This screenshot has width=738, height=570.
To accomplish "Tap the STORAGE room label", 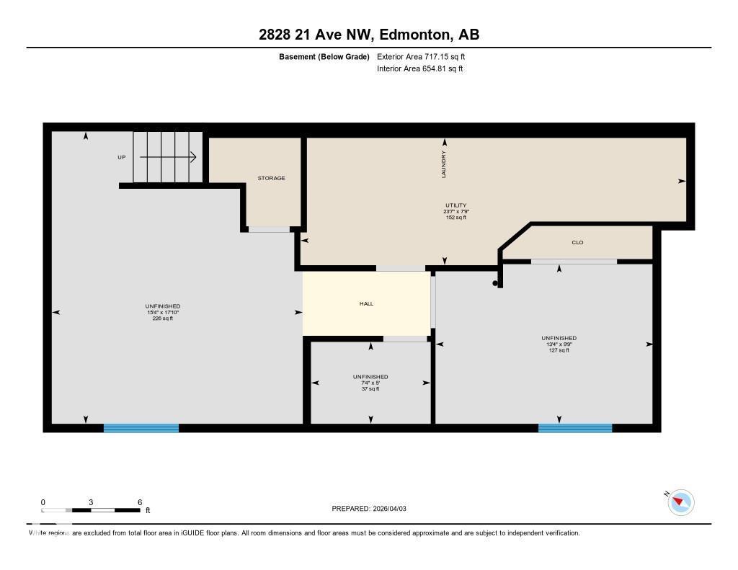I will pos(272,178).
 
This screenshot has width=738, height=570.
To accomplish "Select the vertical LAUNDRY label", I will pos(444,164).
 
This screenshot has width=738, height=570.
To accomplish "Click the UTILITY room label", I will pos(455,205).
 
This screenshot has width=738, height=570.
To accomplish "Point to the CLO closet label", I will pos(577,243).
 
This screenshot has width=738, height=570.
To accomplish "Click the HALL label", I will pos(366,304).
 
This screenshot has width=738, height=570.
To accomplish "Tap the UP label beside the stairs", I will pos(122,157).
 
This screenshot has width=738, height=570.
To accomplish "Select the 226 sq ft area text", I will pos(162,319).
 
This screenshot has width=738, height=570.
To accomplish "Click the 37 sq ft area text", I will pos(370,389).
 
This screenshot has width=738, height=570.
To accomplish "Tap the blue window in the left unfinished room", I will pos(141,428).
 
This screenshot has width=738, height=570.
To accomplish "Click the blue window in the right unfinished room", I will pos(575,428).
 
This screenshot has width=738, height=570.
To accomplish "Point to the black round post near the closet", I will pos(495,283).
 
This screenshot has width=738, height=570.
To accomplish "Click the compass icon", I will pos(680,502).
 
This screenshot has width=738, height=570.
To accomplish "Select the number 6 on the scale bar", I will pos(140,502).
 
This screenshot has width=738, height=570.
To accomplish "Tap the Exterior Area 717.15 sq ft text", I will pos(426,56).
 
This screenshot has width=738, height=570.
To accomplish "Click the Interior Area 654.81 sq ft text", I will pos(419,69).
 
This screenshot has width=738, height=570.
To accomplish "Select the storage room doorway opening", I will pos(268,229).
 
